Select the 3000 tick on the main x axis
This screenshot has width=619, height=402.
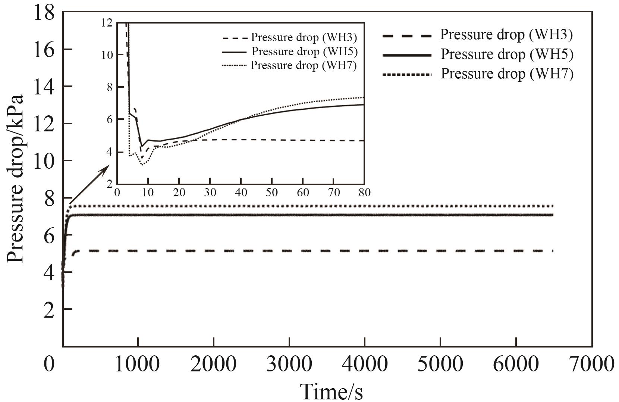point(289,364)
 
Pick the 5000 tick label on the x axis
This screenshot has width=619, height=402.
point(440,364)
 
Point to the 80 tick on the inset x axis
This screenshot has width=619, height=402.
point(364,193)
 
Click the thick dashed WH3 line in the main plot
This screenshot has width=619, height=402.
point(298,251)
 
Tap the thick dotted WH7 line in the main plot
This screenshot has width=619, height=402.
point(298,206)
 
